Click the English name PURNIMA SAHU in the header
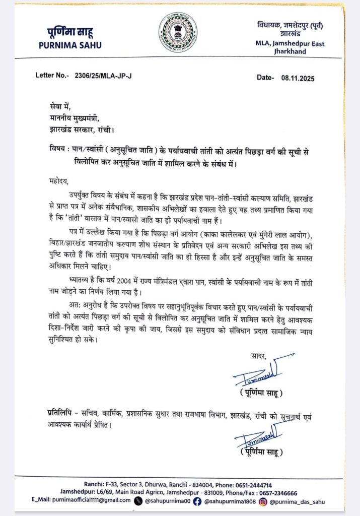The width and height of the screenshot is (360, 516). click(x=70, y=45)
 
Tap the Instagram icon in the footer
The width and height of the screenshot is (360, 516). click(x=263, y=500)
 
